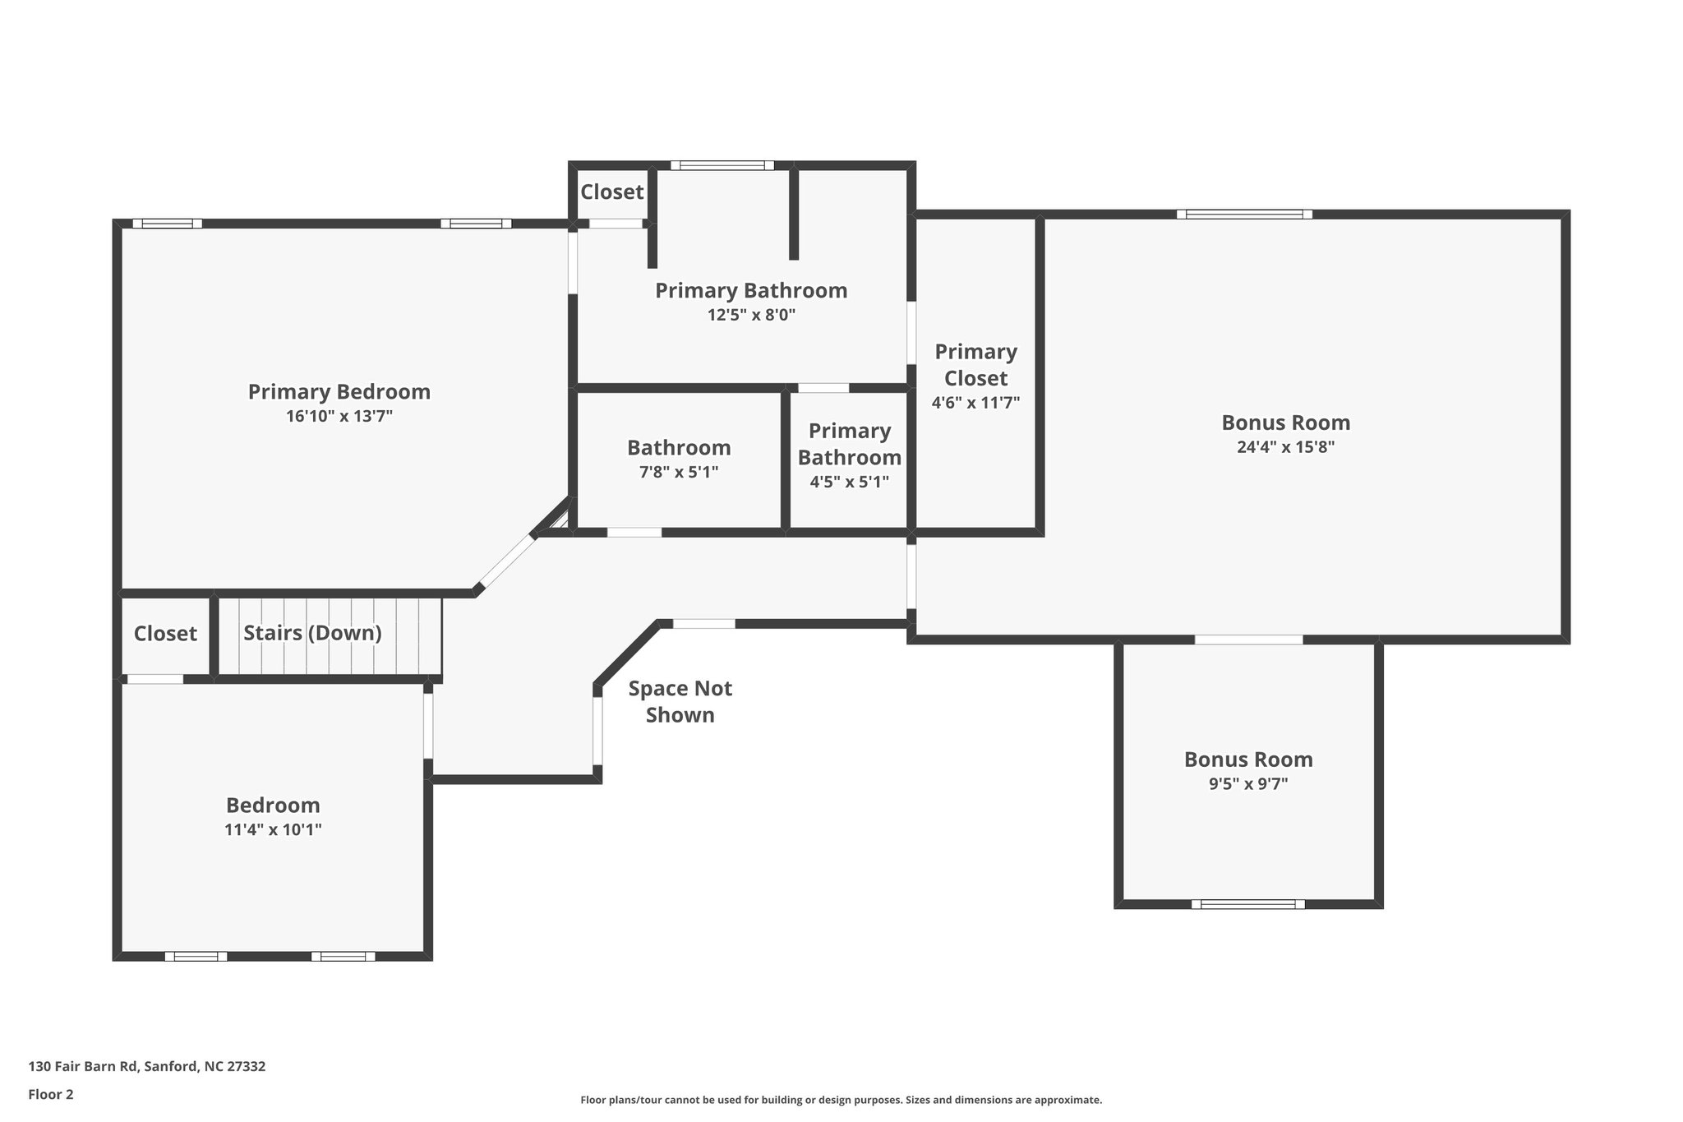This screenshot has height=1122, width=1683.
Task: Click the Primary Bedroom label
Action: click(x=339, y=392)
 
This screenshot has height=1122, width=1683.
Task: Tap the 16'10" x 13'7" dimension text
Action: click(x=339, y=417)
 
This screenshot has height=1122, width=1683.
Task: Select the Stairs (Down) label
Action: click(x=312, y=633)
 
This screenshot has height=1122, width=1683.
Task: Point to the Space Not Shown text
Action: click(x=680, y=701)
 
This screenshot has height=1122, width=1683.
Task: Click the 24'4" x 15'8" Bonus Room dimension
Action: click(x=1286, y=447)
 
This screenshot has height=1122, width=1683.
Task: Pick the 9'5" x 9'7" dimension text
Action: click(x=1248, y=784)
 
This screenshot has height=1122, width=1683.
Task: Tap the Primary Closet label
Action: click(x=976, y=365)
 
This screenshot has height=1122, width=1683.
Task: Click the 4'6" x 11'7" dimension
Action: click(x=976, y=403)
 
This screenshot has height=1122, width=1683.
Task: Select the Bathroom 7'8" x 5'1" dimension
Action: click(x=679, y=473)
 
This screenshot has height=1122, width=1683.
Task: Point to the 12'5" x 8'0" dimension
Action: click(x=752, y=315)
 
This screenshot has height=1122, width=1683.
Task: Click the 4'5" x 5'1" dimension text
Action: click(x=850, y=483)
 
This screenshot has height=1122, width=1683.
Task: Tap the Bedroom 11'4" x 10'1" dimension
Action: click(x=273, y=830)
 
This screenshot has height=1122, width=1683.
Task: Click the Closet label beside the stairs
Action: click(x=165, y=634)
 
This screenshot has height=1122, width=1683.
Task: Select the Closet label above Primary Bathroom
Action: click(x=612, y=192)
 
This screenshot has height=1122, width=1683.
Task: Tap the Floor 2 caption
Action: click(x=51, y=1094)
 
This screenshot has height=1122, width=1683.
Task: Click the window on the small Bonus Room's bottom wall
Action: click(x=1248, y=904)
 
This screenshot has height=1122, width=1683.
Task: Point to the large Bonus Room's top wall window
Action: click(x=1244, y=215)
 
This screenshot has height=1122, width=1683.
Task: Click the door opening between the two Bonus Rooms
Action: click(x=1248, y=639)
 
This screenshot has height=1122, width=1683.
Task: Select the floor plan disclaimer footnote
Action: click(x=841, y=1100)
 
